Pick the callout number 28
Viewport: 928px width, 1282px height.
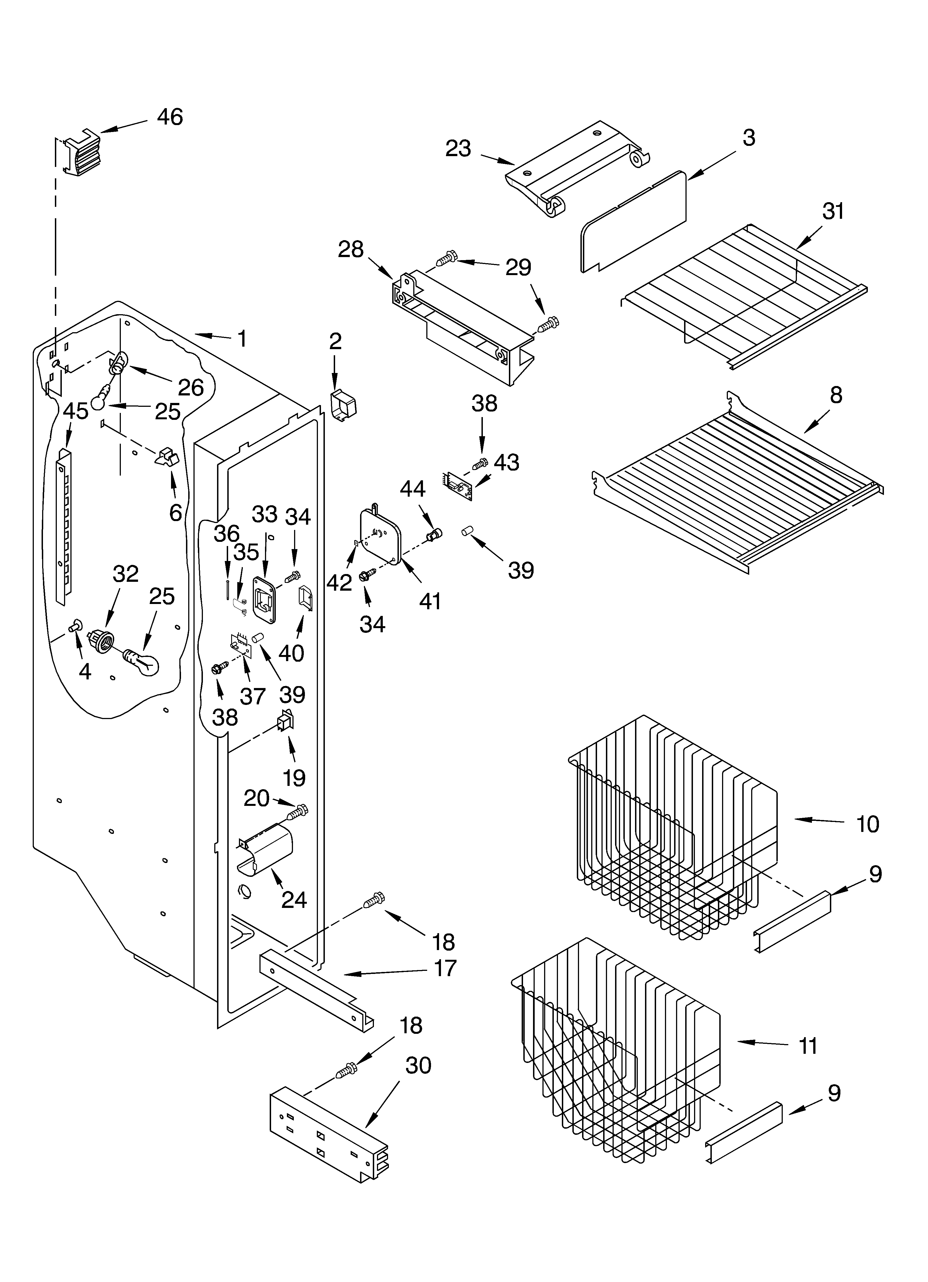[350, 249]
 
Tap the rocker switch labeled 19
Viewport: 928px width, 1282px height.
[285, 723]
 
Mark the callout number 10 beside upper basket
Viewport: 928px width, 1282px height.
[868, 824]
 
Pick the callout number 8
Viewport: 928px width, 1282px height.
[836, 395]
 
